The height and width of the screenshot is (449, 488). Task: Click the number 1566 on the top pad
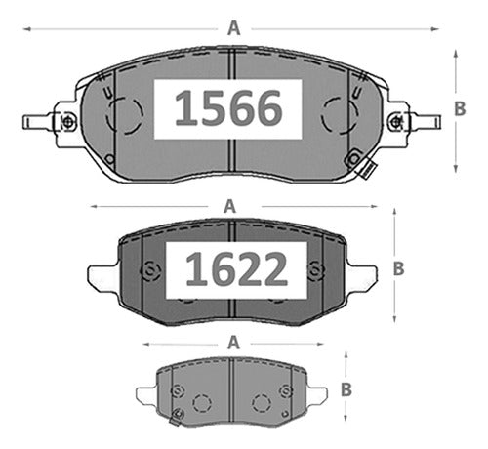228,108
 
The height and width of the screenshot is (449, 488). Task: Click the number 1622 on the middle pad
236,269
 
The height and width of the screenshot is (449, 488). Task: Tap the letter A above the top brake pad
234,28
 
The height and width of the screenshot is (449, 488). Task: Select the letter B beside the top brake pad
460,109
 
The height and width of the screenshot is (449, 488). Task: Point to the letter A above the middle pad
229,206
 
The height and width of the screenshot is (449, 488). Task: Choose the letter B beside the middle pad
399,268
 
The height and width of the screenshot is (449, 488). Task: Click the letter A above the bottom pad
233,343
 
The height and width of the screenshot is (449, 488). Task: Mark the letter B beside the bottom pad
346,389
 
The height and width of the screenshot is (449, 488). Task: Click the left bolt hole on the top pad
68,122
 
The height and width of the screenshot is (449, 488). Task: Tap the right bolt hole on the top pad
395,122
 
